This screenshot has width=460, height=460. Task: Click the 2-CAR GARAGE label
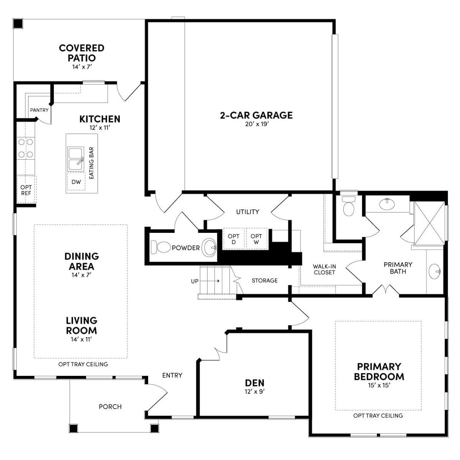click(x=256, y=115)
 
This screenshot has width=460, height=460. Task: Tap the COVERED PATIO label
click(x=82, y=53)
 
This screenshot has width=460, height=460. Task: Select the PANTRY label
click(x=39, y=110)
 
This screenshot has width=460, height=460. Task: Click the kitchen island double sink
click(x=75, y=158)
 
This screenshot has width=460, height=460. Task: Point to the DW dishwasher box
click(x=76, y=182)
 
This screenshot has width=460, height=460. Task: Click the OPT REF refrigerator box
click(x=26, y=190)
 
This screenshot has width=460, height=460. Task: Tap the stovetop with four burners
click(x=26, y=148)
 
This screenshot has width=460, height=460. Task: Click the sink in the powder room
click(x=209, y=248)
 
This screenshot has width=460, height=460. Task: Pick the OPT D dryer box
click(x=234, y=239)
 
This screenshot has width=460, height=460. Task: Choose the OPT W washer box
click(x=256, y=239)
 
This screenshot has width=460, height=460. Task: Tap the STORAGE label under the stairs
click(x=264, y=280)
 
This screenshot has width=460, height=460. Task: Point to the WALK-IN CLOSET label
click(x=324, y=269)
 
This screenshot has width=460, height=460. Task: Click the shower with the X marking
click(x=429, y=223)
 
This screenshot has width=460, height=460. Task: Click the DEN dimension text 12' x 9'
click(x=254, y=391)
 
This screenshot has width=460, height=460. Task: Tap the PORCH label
click(x=110, y=406)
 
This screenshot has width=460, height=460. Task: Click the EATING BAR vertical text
click(x=91, y=163)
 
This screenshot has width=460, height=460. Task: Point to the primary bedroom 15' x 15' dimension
click(x=379, y=386)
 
